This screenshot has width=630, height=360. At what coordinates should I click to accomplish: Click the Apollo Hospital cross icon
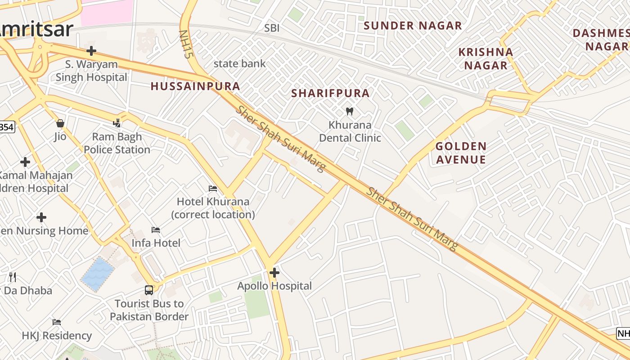274,273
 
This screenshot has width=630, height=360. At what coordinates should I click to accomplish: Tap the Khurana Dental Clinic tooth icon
349,111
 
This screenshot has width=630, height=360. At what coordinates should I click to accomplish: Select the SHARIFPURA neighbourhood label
330,93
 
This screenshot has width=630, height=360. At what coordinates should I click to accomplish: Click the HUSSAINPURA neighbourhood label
195,86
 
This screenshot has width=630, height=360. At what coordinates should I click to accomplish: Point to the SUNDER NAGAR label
413,26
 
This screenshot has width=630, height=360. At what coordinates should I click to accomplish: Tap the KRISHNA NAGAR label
486,58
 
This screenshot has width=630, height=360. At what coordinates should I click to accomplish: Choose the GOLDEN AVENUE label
461,153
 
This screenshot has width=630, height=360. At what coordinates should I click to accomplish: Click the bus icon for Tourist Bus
149,290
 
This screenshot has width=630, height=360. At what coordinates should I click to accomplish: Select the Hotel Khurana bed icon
213,188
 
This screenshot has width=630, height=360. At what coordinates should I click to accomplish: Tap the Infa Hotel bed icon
156,230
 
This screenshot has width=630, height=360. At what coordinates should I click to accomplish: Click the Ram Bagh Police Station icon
117,123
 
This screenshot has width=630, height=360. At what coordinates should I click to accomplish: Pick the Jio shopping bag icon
60,123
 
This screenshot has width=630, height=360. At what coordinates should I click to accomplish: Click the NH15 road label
185,44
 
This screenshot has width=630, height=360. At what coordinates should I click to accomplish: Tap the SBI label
272,28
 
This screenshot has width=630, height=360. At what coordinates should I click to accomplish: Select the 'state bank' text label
239,63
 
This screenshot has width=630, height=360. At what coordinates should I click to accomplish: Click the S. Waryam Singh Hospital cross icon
91,51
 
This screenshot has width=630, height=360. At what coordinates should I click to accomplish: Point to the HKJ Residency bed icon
57,322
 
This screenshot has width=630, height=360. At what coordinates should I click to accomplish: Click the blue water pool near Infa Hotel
98,273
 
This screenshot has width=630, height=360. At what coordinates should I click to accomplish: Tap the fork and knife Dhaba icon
13,277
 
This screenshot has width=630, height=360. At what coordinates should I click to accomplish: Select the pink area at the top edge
107,12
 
